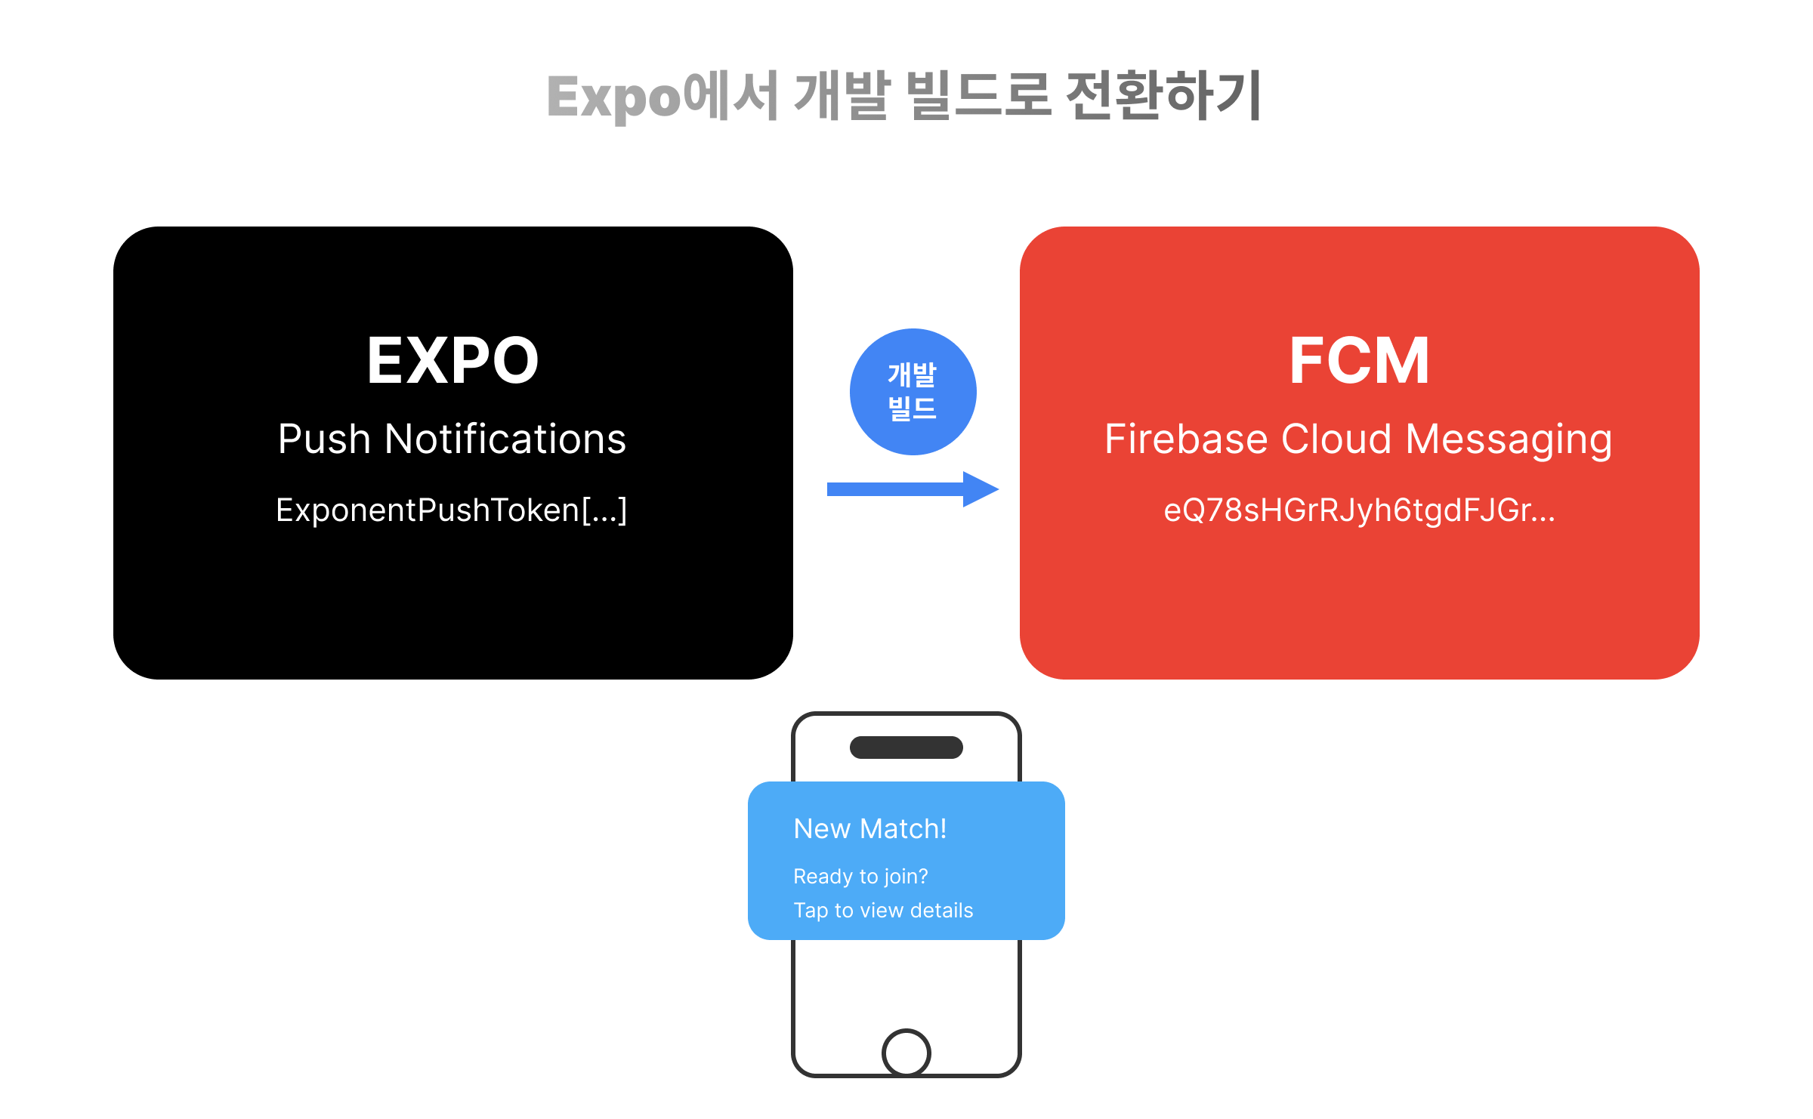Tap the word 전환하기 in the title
pyautogui.click(x=1163, y=96)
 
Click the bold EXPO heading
pyautogui.click(x=452, y=361)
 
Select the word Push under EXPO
pyautogui.click(x=324, y=439)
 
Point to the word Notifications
pyautogui.click(x=505, y=439)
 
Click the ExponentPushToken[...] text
pyautogui.click(x=452, y=510)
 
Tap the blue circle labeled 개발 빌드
pyautogui.click(x=913, y=391)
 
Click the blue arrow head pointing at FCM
pyautogui.click(x=981, y=489)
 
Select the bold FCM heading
pyautogui.click(x=1359, y=361)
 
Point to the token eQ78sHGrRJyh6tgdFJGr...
pyautogui.click(x=1359, y=510)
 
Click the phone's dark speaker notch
pyautogui.click(x=906, y=748)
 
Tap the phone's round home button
pyautogui.click(x=906, y=1052)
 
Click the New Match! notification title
pyautogui.click(x=869, y=829)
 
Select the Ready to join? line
pyautogui.click(x=860, y=877)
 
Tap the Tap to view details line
pyautogui.click(x=883, y=911)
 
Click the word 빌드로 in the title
pyautogui.click(x=978, y=96)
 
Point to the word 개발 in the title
pyautogui.click(x=842, y=96)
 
